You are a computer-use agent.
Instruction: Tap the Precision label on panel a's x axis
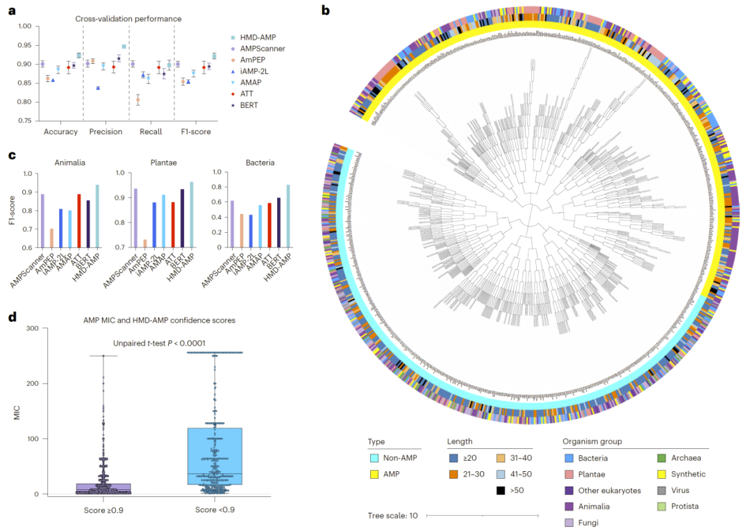[106, 131]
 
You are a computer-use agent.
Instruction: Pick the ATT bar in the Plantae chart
[172, 224]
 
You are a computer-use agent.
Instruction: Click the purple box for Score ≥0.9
[103, 489]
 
